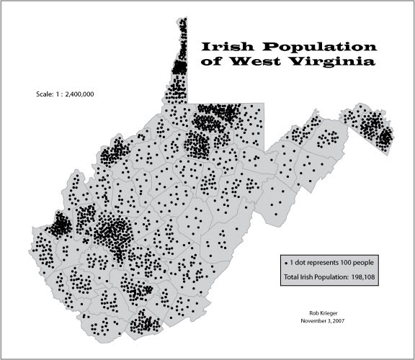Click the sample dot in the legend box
coord(287,261)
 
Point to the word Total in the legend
coord(294,276)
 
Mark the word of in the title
coord(213,62)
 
